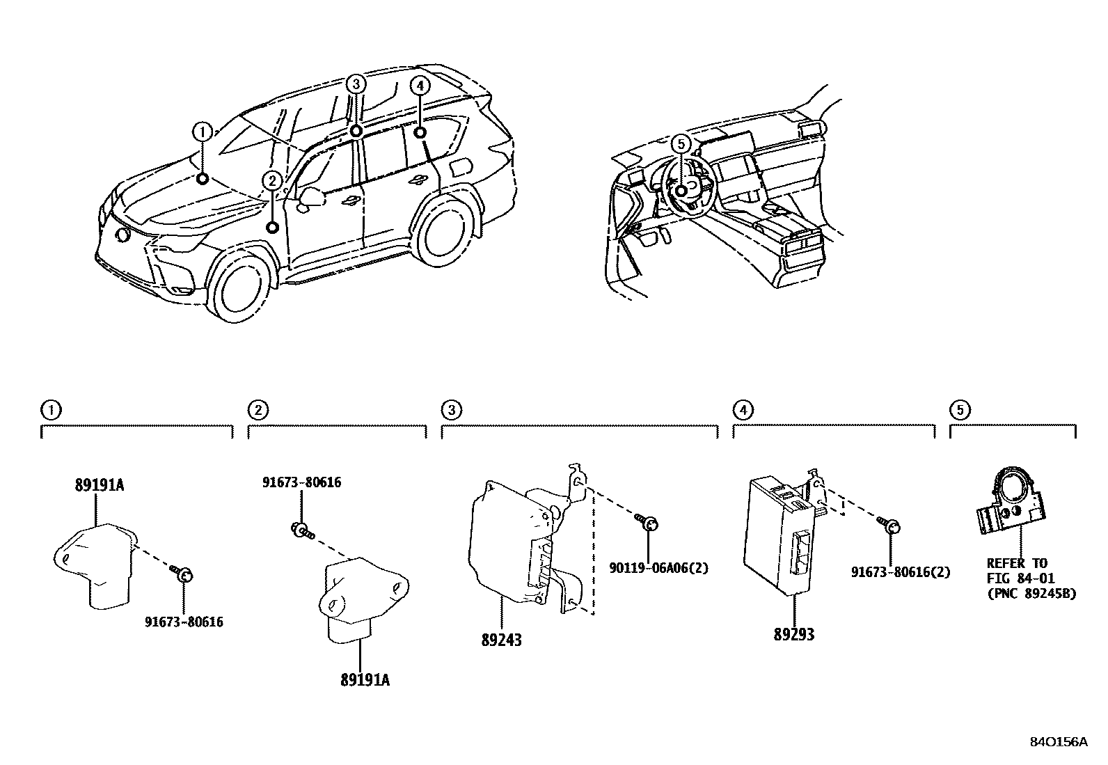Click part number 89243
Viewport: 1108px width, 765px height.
[501, 639]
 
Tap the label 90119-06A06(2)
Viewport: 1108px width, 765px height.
[658, 568]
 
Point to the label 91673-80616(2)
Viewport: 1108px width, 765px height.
[901, 572]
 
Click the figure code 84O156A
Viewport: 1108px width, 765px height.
[1058, 741]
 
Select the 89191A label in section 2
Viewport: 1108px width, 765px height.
[365, 680]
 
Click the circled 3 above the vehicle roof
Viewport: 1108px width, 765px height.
[355, 84]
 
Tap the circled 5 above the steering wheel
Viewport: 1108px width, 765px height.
[681, 143]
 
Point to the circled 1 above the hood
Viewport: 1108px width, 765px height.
[202, 131]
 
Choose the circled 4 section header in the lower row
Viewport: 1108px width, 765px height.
[743, 410]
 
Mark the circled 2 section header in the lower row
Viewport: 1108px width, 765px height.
[258, 410]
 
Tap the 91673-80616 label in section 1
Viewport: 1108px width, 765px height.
[184, 622]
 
